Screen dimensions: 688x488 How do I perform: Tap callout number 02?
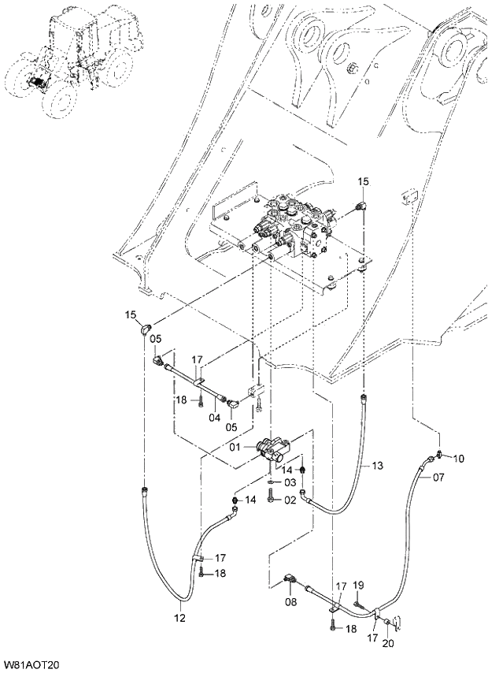coord(290,499)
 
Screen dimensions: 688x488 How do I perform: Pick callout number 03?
coord(290,482)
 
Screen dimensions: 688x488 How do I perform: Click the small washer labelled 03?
coord(271,482)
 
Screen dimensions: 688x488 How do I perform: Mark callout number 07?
coord(438,478)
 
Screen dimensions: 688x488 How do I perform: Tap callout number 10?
coord(459,458)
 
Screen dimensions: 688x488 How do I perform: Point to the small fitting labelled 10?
coord(440,455)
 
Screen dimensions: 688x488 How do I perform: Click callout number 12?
coord(180,618)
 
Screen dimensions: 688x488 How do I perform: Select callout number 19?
coord(358,584)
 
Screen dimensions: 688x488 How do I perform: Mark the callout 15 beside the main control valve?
coord(363,182)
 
